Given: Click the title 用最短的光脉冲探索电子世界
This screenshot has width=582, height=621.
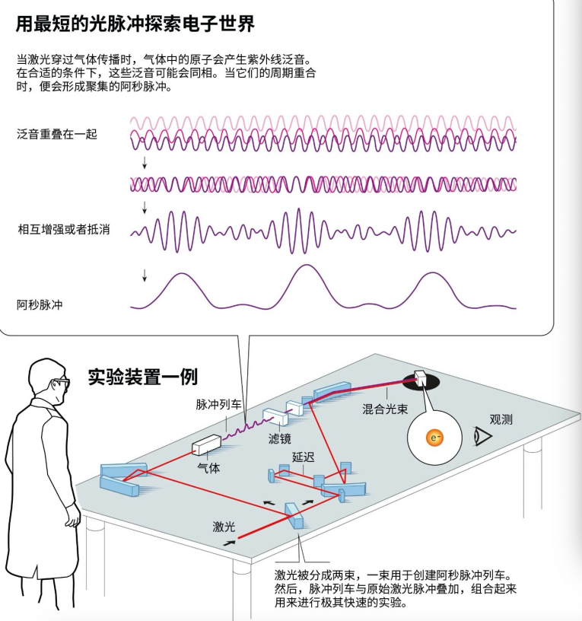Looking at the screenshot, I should pyautogui.click(x=135, y=24).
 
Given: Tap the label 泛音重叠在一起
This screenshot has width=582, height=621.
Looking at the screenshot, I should pyautogui.click(x=56, y=134).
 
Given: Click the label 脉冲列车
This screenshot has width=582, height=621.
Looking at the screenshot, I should pyautogui.click(x=218, y=405).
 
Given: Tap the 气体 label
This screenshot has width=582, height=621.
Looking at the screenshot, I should pyautogui.click(x=208, y=468).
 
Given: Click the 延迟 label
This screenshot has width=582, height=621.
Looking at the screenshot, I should pyautogui.click(x=303, y=458).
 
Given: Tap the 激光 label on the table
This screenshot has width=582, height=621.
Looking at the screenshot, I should pyautogui.click(x=224, y=526).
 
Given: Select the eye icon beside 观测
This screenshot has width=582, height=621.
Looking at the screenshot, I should pyautogui.click(x=482, y=436).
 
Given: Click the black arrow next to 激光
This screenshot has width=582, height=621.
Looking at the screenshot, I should pyautogui.click(x=229, y=543).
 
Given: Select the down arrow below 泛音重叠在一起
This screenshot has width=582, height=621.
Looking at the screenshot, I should pyautogui.click(x=145, y=164).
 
